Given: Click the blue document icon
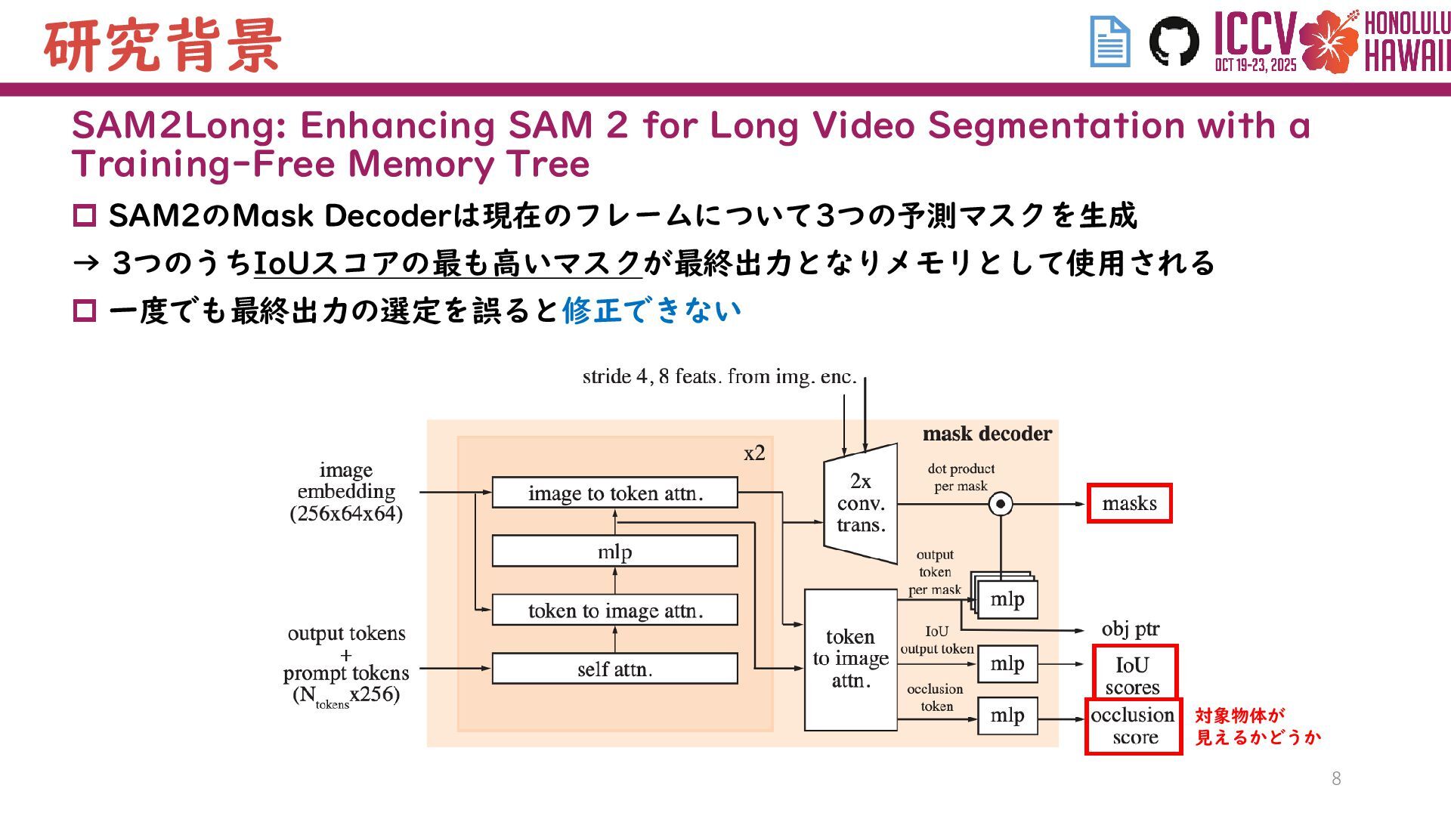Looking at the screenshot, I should [1110, 42].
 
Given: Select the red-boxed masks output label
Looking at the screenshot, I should [1129, 503].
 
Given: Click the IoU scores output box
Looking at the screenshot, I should [1134, 674].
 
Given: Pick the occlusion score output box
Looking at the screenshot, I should [1133, 726].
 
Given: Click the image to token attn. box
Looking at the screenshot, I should [614, 493].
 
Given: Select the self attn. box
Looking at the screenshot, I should [614, 669].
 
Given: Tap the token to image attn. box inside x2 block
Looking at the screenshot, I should [614, 610].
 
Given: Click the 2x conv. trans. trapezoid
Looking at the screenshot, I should [861, 503].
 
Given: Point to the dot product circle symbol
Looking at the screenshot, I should [1001, 504].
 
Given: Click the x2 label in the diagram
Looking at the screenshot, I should [754, 453].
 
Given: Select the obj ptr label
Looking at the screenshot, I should [1130, 629].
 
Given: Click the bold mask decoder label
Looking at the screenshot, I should [987, 434].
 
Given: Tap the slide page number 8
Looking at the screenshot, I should [1336, 779].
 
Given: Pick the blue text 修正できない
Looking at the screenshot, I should [651, 311].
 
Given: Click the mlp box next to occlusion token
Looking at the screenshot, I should [1007, 716].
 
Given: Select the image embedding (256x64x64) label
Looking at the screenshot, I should [346, 492].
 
